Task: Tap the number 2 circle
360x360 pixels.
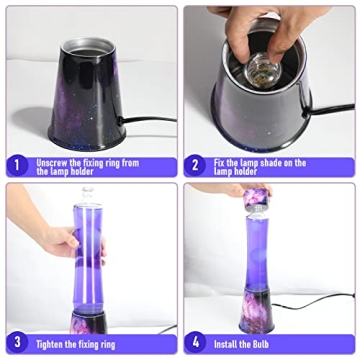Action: point(196,164)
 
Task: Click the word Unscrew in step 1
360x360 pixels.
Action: point(53,160)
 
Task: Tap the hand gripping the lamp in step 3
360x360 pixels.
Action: point(60,241)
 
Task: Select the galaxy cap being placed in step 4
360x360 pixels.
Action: point(258,197)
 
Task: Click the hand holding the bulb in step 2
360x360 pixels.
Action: point(262,25)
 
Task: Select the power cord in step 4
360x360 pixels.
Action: point(320,301)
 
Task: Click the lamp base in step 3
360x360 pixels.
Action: point(88,320)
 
